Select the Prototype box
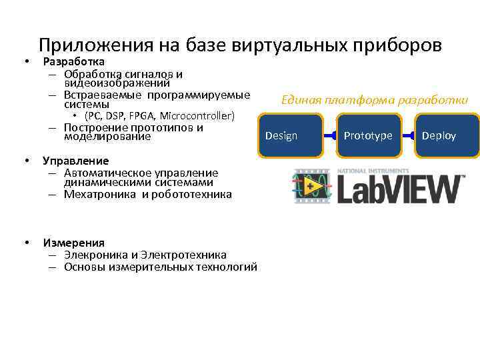369,135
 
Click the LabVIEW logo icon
310,187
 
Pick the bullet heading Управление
75,161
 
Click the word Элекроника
93,255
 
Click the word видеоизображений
117,83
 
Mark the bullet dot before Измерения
25,243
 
